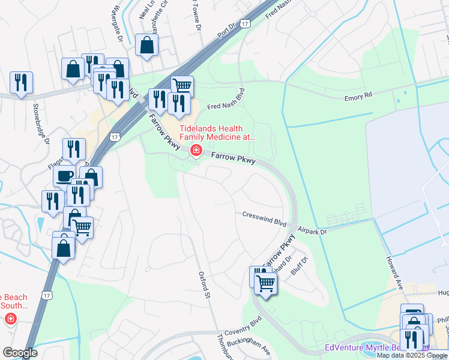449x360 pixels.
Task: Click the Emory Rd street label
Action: [358, 95]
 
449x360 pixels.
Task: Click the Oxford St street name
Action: [204, 284]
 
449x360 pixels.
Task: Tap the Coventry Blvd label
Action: [243, 333]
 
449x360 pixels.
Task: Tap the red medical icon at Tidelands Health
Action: [195, 150]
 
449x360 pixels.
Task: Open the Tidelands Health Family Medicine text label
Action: [213, 133]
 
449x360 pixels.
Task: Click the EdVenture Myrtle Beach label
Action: [372, 348]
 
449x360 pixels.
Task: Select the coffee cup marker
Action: [64, 175]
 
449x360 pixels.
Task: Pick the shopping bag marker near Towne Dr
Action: [146, 44]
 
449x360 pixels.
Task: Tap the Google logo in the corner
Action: [19, 353]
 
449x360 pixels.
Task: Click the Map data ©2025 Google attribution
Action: [412, 355]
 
